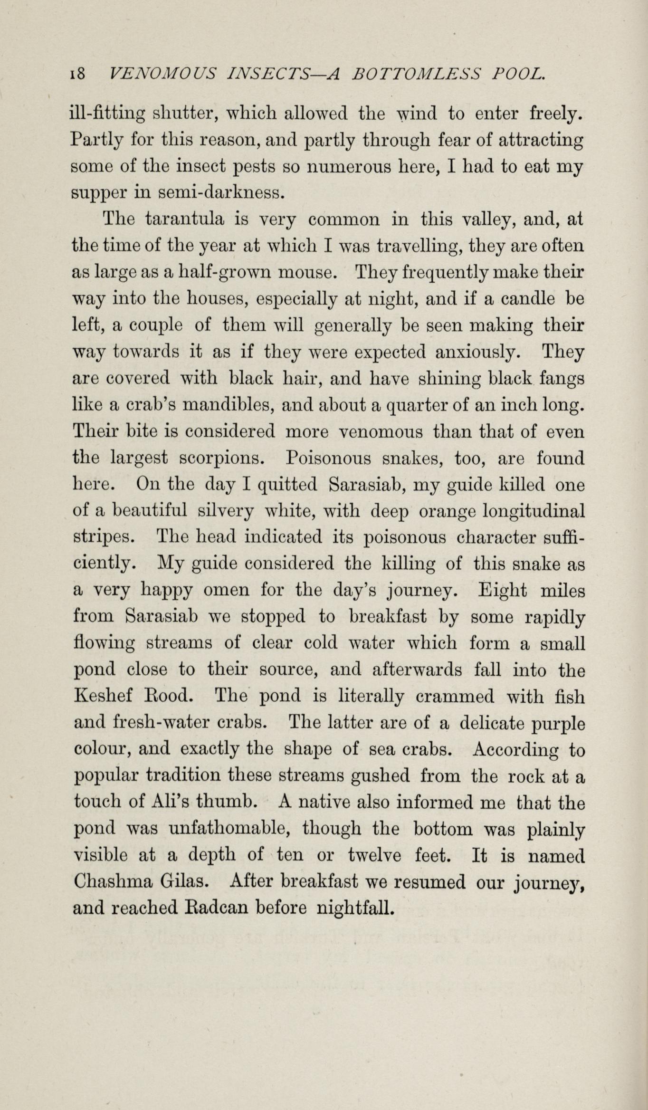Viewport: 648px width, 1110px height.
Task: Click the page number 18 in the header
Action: [77, 73]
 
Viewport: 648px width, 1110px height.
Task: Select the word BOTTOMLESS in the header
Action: [416, 73]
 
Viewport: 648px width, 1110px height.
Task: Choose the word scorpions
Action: [220, 459]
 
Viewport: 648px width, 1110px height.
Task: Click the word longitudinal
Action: [534, 512]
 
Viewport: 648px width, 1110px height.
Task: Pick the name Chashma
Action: [114, 883]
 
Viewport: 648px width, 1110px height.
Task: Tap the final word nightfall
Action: [355, 909]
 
